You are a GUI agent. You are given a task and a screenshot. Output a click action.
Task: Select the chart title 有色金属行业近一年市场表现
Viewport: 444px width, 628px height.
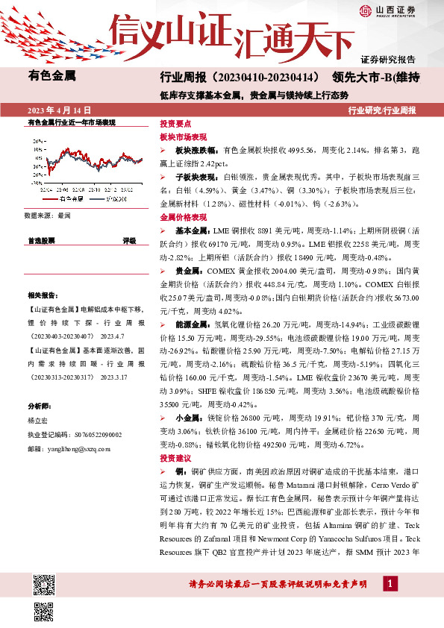(71, 121)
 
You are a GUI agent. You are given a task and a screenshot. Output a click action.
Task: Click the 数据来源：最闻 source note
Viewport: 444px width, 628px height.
(47, 215)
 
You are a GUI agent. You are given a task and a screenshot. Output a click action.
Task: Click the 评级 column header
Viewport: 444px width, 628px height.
(129, 241)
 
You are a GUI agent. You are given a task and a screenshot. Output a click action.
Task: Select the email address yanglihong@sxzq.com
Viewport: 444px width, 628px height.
(78, 449)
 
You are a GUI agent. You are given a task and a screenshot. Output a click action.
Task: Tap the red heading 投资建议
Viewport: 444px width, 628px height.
(175, 457)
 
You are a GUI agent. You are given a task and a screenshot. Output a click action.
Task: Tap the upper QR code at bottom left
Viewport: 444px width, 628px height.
(43, 583)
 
